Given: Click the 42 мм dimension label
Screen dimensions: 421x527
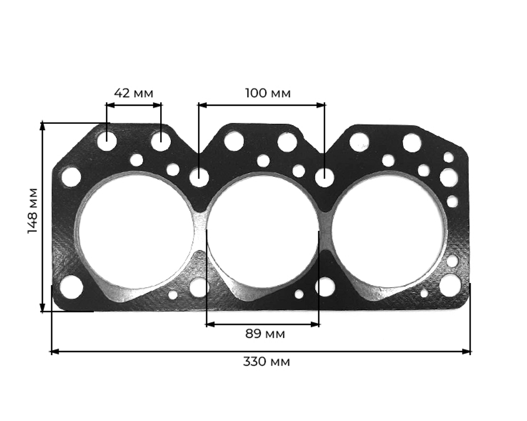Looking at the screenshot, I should [x=133, y=93].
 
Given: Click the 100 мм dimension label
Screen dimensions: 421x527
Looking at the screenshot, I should [x=268, y=93].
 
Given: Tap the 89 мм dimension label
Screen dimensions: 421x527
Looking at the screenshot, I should [x=265, y=334].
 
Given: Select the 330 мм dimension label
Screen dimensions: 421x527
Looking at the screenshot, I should [x=266, y=361].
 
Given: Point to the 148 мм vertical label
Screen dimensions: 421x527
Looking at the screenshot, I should [x=33, y=210].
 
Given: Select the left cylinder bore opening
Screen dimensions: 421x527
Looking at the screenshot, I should [x=135, y=232].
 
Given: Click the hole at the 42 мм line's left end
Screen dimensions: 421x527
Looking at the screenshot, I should [x=107, y=141].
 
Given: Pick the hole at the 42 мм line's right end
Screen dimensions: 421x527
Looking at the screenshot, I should [x=161, y=141].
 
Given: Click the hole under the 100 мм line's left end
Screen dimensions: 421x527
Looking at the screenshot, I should [x=199, y=178].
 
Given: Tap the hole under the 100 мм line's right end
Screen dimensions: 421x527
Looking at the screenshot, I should [x=325, y=178].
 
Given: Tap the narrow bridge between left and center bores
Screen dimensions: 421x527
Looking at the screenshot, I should [x=200, y=232].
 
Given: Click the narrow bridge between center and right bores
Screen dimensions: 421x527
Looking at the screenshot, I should [x=325, y=232].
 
